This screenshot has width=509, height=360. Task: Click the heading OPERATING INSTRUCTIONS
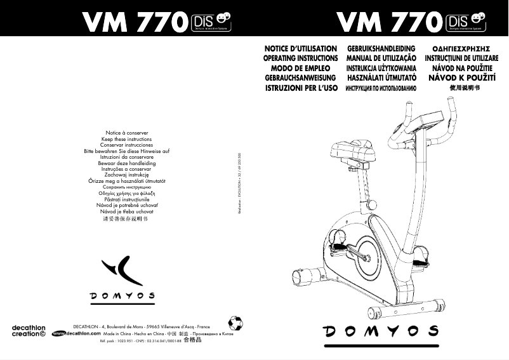click(x=300, y=58)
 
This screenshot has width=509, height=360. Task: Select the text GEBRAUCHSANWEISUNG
click(x=301, y=77)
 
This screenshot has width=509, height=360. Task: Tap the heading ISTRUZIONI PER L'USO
click(x=300, y=88)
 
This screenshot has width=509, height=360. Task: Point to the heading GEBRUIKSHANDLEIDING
click(x=381, y=48)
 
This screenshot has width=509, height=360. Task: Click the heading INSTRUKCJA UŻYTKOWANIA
click(x=381, y=68)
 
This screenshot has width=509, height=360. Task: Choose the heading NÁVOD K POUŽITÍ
click(x=461, y=77)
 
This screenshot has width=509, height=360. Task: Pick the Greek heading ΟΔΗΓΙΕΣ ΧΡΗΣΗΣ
click(x=461, y=48)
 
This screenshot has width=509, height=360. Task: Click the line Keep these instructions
click(x=127, y=139)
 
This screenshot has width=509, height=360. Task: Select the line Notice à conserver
click(x=127, y=133)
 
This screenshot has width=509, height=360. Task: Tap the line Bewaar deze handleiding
click(x=127, y=163)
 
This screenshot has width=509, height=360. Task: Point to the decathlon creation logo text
click(x=26, y=330)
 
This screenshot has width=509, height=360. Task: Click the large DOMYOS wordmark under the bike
click(x=381, y=331)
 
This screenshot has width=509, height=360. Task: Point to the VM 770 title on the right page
click(x=388, y=23)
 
